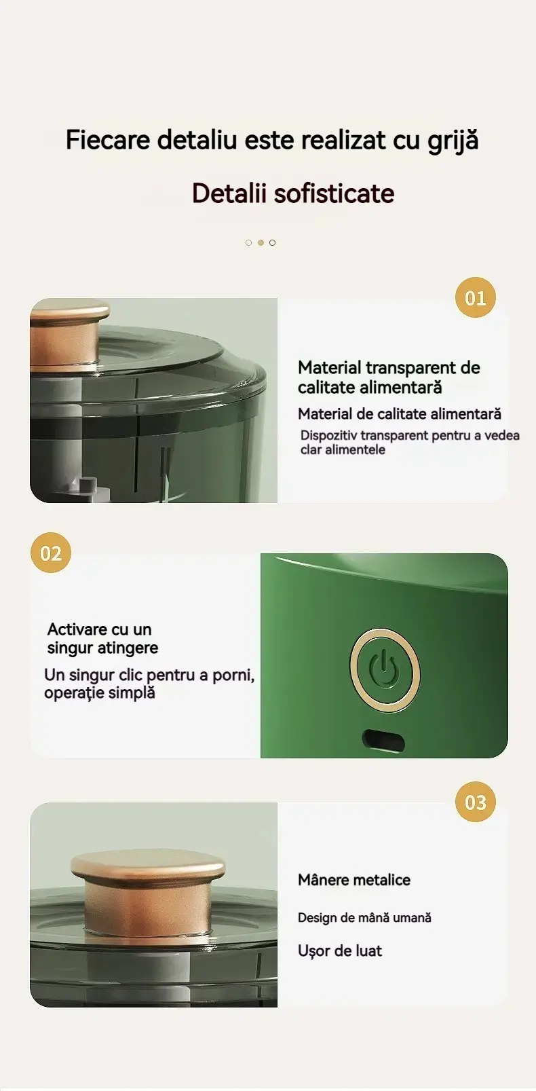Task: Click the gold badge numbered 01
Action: coord(475,297)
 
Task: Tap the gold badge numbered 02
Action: coord(51,553)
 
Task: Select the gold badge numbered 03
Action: coord(475,802)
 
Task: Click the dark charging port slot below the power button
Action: coord(383,740)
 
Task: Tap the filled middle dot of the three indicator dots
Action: coord(261,242)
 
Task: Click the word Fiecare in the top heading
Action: coord(108,141)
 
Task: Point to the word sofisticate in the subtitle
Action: coord(334,193)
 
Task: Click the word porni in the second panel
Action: coord(232,676)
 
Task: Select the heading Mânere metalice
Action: coord(354,880)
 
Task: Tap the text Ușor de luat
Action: coord(340,950)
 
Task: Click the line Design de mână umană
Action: coord(364,918)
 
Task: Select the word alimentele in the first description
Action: coord(355,449)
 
